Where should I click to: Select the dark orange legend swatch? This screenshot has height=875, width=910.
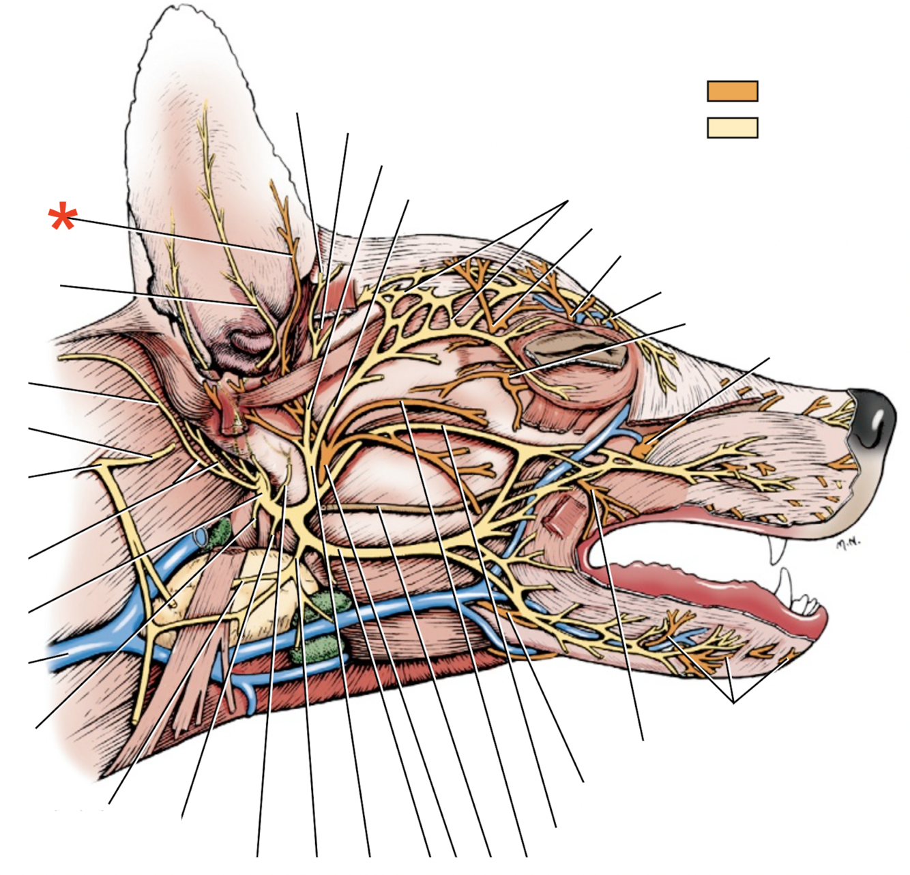click(x=732, y=91)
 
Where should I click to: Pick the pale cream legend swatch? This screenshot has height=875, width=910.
click(x=732, y=128)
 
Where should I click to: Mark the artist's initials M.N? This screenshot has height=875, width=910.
click(x=848, y=543)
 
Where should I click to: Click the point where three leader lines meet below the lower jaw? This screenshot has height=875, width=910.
click(x=733, y=702)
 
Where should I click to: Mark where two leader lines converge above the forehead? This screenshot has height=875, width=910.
click(x=568, y=201)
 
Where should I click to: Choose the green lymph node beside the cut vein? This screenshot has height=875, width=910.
click(x=220, y=533)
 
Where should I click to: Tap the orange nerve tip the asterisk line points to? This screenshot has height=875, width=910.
click(x=290, y=253)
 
